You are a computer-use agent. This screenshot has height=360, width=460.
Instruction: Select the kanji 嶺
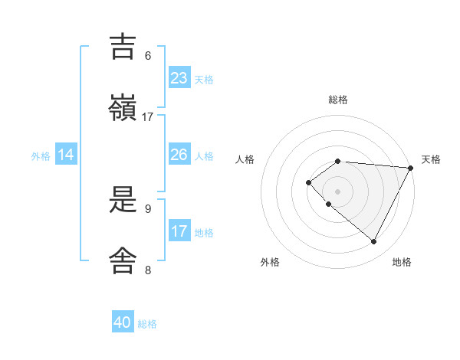click(123, 107)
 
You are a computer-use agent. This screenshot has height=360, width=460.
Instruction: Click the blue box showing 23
click(179, 78)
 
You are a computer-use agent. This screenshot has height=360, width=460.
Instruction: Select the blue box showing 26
click(179, 155)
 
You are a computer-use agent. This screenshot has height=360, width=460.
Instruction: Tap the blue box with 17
click(179, 231)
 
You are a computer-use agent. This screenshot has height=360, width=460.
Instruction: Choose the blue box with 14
click(66, 155)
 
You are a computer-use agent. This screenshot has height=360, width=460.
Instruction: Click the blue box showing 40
click(123, 322)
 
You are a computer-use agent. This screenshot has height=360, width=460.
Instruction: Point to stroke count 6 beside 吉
click(148, 55)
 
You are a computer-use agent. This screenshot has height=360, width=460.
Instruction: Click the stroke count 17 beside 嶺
click(148, 116)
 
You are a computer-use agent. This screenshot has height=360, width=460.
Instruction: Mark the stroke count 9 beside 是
click(148, 208)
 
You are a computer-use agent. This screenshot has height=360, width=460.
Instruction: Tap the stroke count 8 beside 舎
click(148, 270)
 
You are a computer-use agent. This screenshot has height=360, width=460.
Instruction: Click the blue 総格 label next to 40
click(147, 324)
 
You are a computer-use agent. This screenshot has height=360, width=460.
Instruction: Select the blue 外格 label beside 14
click(41, 156)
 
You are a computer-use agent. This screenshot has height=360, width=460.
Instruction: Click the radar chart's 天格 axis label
click(431, 159)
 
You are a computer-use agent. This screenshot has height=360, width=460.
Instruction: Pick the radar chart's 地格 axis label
click(402, 262)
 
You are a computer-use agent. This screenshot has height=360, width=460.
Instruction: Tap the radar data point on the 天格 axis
click(411, 168)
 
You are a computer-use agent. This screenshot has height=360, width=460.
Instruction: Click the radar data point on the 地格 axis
click(374, 241)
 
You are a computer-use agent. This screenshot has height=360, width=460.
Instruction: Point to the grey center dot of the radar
click(337, 191)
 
